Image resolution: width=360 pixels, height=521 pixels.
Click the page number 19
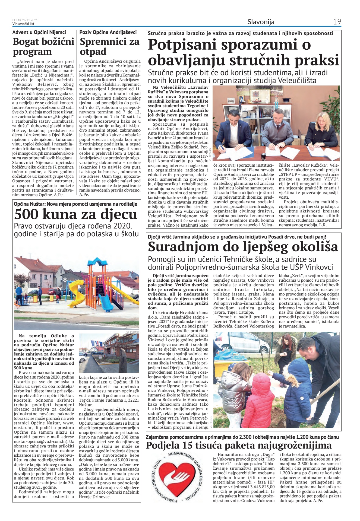pos(337,22)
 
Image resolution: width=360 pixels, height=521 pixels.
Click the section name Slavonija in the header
pos(261,22)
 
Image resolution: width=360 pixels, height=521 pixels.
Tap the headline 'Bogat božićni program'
pos(43,46)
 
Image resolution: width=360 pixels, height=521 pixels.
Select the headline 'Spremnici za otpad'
pos(109,46)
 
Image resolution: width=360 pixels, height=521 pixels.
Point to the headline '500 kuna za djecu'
pos(76,214)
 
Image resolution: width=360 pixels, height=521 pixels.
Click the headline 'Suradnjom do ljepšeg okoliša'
pos(243,247)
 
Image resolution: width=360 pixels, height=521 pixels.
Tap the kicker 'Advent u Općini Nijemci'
pos(39,32)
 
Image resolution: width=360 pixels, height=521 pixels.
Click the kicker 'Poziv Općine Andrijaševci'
pos(108,32)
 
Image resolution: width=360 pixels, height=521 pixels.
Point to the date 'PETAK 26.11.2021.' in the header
pos(25,20)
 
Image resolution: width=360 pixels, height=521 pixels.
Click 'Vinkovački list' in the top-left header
pos(23,24)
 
